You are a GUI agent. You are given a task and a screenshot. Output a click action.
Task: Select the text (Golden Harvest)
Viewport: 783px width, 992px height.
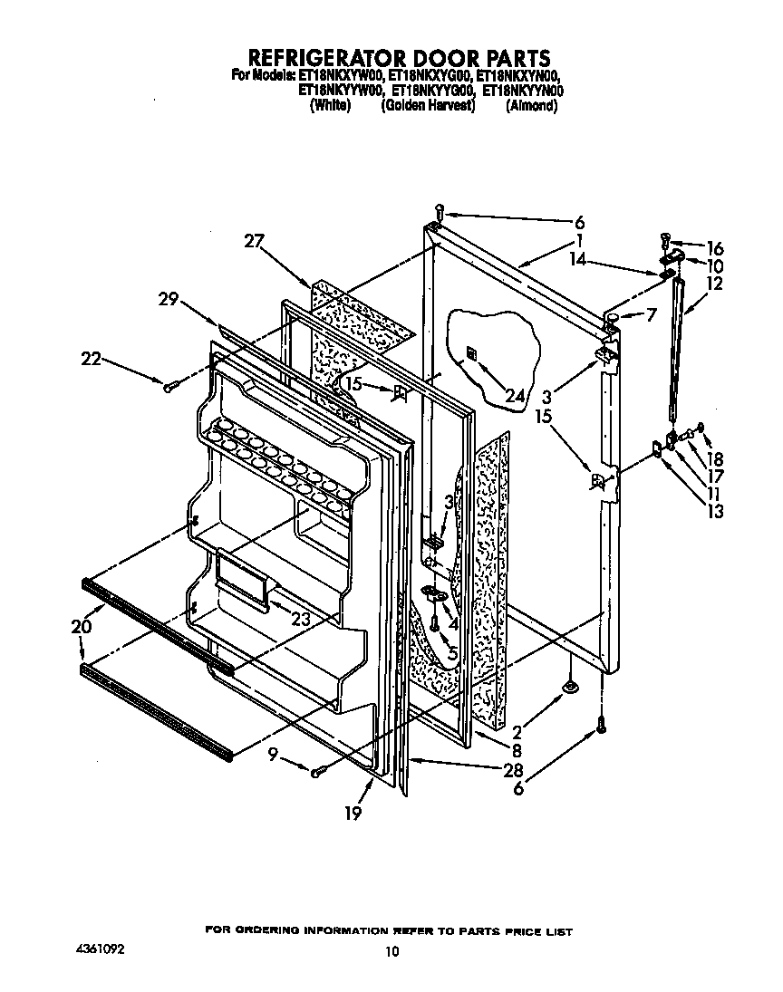[x=428, y=105]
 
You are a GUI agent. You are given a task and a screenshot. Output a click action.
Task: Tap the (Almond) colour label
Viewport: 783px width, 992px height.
[x=531, y=105]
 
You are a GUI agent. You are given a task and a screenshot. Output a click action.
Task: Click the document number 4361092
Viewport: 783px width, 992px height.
[x=100, y=949]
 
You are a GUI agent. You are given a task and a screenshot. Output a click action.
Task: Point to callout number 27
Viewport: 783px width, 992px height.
[x=256, y=240]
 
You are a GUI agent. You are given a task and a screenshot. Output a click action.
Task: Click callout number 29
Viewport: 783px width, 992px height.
[x=169, y=299]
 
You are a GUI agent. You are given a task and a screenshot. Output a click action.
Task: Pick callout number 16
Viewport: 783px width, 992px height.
[x=715, y=247]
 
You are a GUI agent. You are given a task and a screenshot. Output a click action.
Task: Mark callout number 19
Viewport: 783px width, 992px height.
[x=353, y=813]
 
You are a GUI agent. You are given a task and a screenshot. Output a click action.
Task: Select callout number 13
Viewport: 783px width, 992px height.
[x=715, y=512]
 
